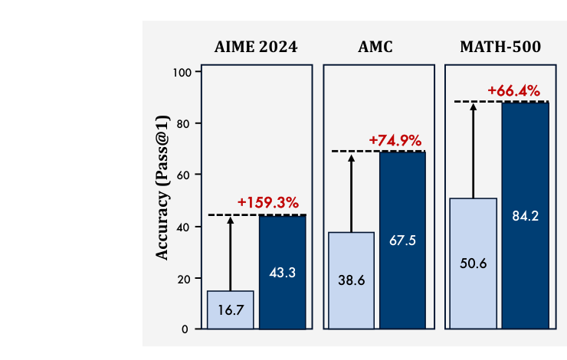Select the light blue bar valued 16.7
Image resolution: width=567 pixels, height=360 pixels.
click(230, 309)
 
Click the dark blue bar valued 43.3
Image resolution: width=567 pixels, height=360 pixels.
click(282, 272)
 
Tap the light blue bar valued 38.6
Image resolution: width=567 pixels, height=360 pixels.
click(351, 280)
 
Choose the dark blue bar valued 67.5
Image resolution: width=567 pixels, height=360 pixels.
click(403, 240)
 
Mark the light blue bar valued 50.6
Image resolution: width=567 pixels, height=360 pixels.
click(474, 263)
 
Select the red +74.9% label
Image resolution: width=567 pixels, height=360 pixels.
click(395, 140)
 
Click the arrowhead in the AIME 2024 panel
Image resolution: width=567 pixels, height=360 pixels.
click(231, 221)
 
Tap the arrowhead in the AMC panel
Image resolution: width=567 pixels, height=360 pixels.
click(352, 159)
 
